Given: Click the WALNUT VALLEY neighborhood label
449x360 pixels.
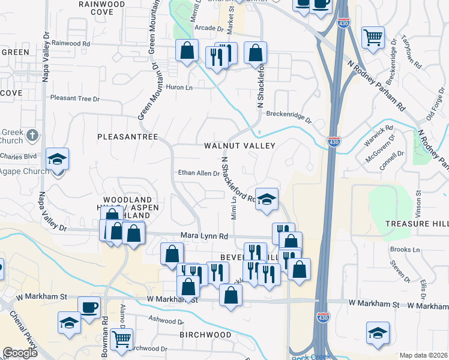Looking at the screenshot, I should coord(239,146).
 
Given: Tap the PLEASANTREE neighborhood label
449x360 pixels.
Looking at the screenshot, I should coord(127,137).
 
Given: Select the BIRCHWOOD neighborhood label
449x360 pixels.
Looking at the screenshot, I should coord(205,334).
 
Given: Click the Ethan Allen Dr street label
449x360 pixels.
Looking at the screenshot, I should coord(199,173).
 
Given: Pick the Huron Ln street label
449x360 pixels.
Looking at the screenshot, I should coord(180,88).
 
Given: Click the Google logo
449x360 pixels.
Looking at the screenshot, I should coord(20,353).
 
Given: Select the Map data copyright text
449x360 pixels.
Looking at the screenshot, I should coord(424,355).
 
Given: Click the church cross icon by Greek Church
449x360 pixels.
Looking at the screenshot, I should coord(32,136).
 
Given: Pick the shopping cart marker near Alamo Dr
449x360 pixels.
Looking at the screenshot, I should coord(122,339).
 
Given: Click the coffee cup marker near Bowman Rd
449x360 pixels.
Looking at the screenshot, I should coord(89,308).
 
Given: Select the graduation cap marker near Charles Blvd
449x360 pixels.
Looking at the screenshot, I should coord(58,160).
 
